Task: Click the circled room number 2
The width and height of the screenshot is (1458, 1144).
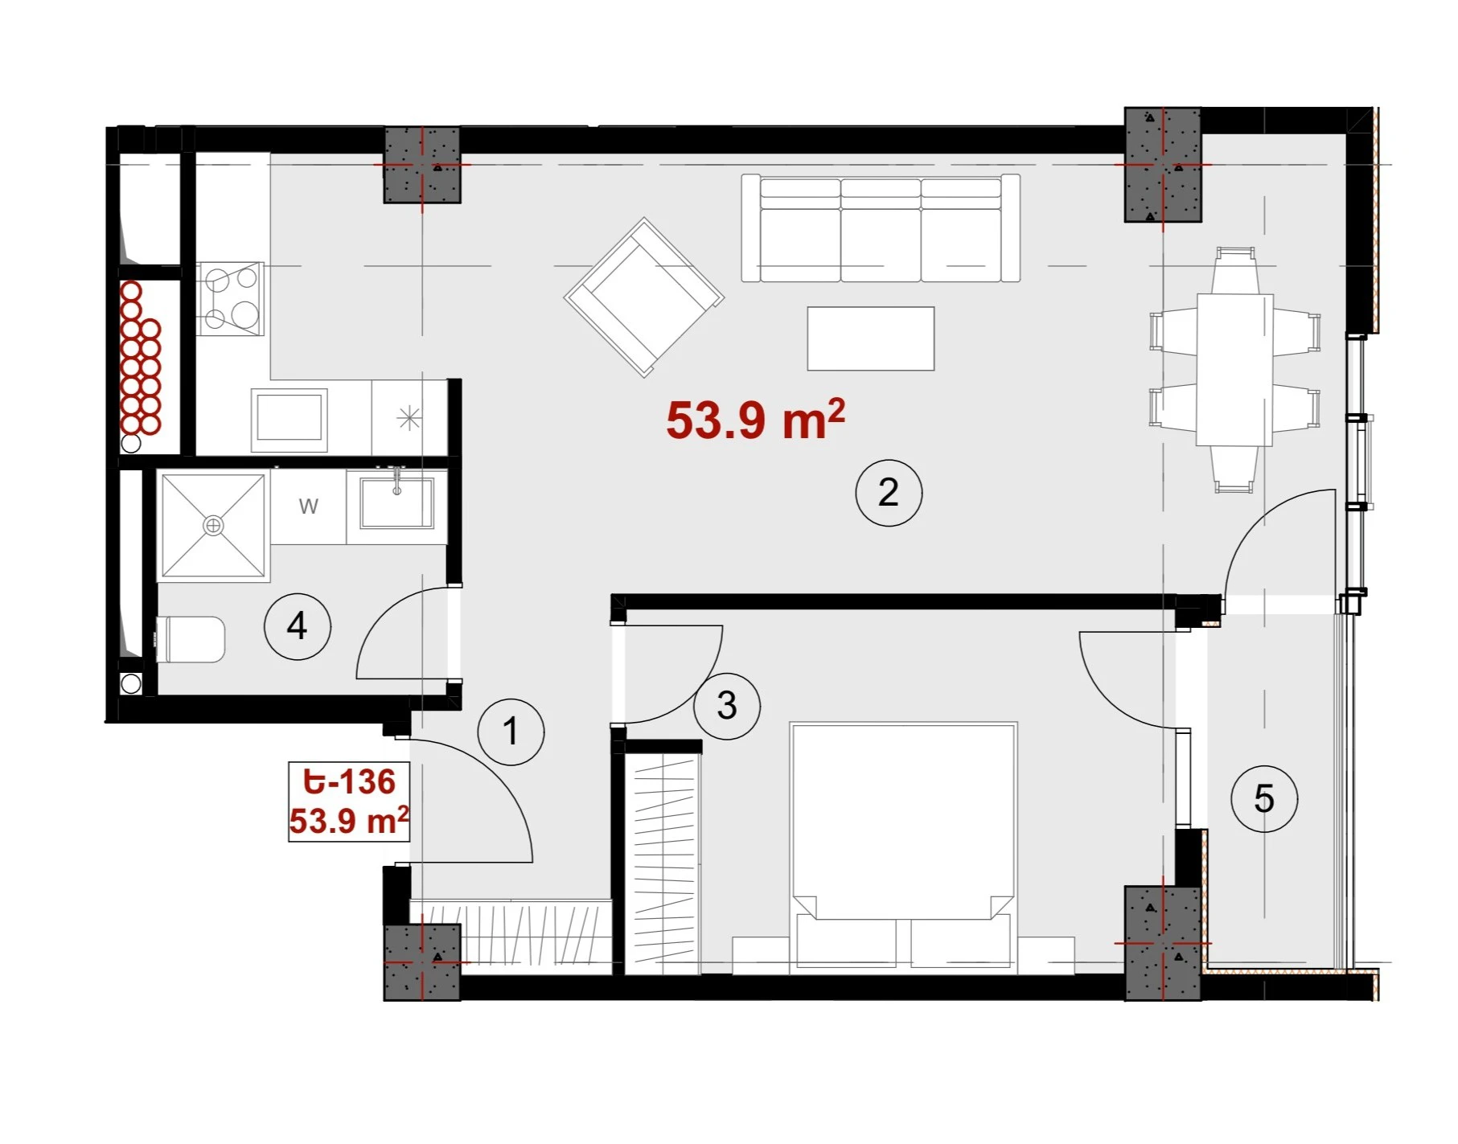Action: (x=889, y=493)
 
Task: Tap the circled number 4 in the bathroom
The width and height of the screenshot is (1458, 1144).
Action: (x=298, y=626)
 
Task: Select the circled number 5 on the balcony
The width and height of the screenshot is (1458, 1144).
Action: (x=1264, y=798)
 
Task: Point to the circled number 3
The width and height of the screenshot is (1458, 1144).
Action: (x=727, y=706)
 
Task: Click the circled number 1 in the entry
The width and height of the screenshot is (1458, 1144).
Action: (x=511, y=731)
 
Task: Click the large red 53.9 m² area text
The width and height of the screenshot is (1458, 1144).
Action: (x=756, y=419)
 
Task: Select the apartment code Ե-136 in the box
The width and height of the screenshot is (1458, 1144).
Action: (x=350, y=781)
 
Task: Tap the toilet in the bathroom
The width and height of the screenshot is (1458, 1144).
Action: (x=191, y=640)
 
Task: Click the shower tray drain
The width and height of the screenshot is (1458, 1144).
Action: (x=213, y=526)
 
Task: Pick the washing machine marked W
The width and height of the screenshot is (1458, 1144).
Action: (x=309, y=506)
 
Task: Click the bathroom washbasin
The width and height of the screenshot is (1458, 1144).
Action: (x=396, y=503)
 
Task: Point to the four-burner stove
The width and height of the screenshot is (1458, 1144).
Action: (x=230, y=298)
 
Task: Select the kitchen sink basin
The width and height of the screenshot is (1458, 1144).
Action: (x=290, y=420)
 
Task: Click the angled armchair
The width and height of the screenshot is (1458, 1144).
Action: (x=643, y=297)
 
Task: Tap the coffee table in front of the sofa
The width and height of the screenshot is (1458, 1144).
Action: (x=871, y=338)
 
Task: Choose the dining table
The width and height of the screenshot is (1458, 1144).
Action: (x=1234, y=370)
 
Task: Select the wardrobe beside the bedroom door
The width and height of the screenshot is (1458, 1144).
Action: (x=663, y=864)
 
